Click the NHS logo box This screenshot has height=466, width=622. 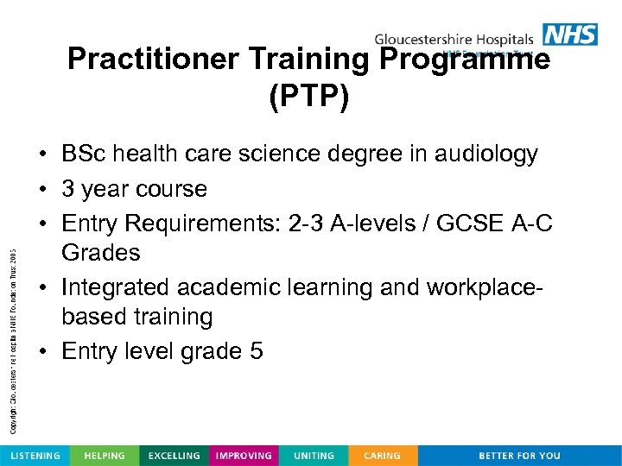coord(570,34)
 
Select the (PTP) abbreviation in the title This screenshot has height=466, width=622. coord(309,96)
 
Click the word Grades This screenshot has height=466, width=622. coord(100,253)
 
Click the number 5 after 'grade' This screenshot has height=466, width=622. coord(257,351)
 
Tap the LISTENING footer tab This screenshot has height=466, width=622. coord(35,456)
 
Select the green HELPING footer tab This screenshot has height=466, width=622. coord(104,456)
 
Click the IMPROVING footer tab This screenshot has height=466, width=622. coord(244,456)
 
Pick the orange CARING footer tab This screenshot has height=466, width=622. coord(382,456)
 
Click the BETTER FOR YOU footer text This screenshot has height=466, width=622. coord(519,456)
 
